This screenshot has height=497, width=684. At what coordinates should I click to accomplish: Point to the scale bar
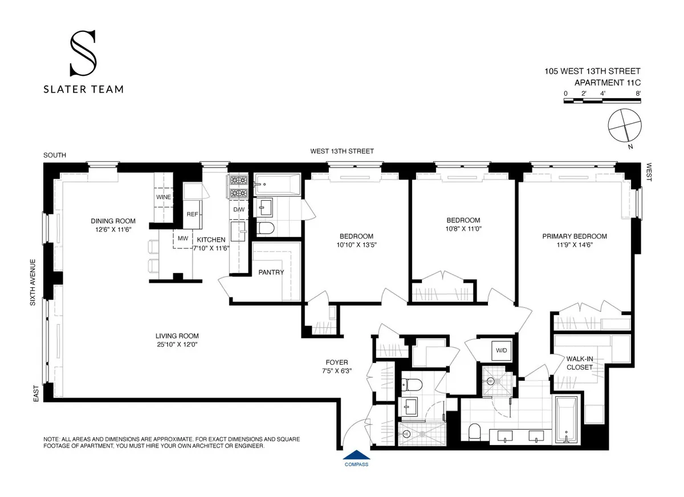602,101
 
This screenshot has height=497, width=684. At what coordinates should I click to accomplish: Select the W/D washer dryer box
502,351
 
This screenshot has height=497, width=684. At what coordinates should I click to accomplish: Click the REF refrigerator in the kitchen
192,214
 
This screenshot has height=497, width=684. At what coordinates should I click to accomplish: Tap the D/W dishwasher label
239,209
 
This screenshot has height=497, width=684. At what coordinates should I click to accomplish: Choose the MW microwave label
182,239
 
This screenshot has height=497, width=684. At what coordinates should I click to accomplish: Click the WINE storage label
164,197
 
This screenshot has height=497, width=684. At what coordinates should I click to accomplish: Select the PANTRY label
271,272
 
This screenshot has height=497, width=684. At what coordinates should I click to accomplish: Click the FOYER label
336,362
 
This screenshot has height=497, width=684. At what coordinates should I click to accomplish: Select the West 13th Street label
342,151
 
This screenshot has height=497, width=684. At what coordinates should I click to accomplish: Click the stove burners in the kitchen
237,186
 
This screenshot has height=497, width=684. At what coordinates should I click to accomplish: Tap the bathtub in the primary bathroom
567,419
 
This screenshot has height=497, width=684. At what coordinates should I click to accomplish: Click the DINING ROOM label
113,221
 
